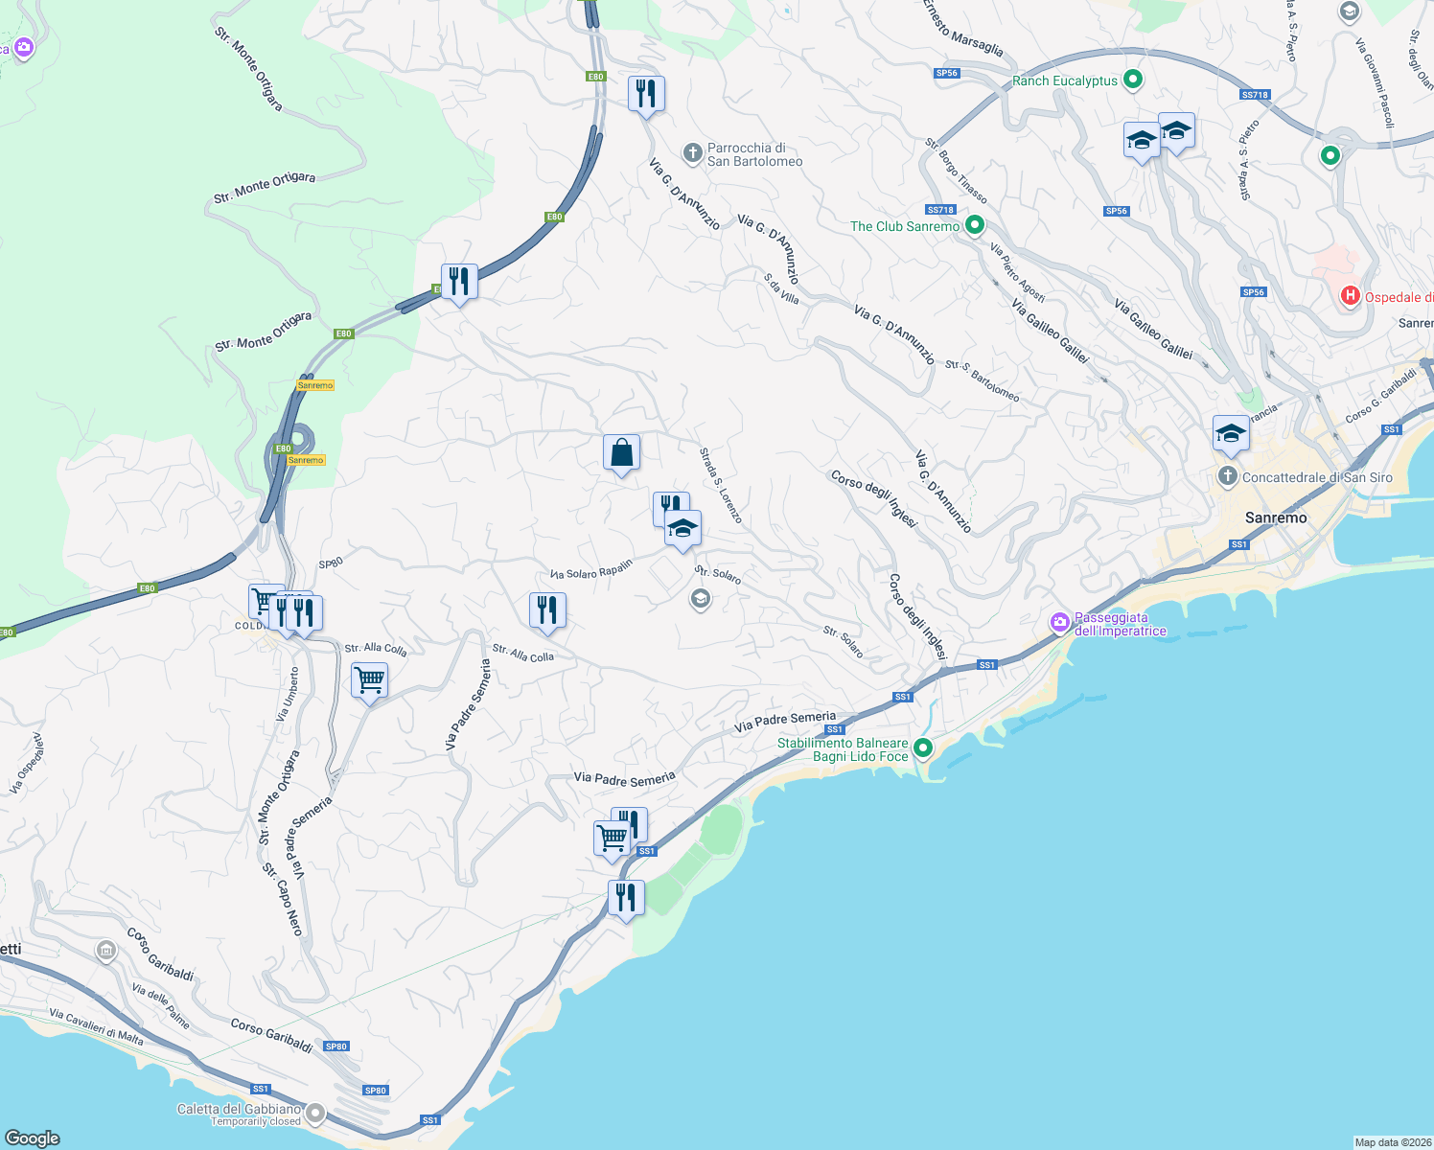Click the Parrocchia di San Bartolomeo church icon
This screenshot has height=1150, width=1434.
[692, 153]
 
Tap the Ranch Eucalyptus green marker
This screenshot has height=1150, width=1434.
[1132, 80]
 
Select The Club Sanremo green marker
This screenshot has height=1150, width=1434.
[975, 225]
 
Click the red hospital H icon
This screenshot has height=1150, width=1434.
[1350, 295]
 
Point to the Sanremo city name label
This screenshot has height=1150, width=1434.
[1275, 517]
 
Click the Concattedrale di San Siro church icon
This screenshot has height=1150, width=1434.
[1227, 476]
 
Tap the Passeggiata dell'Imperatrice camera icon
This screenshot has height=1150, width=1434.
[1059, 623]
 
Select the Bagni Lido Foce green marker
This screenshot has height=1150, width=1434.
[923, 747]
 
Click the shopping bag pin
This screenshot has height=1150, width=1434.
[621, 451]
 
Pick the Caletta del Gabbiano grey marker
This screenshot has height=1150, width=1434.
[314, 1114]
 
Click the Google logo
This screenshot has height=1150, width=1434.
[32, 1138]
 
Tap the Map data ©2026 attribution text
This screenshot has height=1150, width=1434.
[1392, 1142]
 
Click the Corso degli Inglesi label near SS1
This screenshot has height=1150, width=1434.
[917, 617]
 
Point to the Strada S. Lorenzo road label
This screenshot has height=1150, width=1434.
[720, 485]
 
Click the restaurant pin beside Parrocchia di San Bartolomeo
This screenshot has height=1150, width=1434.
[646, 93]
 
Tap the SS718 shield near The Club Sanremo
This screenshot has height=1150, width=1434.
[940, 210]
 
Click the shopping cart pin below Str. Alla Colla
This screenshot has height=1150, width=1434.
[369, 680]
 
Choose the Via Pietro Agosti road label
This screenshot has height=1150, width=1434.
[1017, 272]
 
